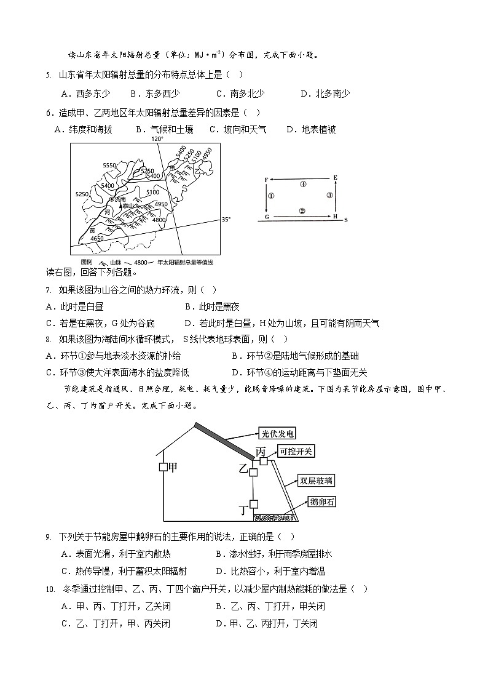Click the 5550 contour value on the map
(x=110, y=165)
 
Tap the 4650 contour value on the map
(x=96, y=238)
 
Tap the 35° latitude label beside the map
(x=226, y=219)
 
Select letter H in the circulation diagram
(x=336, y=217)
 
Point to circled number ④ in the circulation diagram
(x=302, y=184)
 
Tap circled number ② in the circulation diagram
(x=302, y=210)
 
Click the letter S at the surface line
(x=346, y=220)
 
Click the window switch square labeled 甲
(x=163, y=468)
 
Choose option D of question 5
(x=325, y=94)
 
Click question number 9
(x=48, y=537)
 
